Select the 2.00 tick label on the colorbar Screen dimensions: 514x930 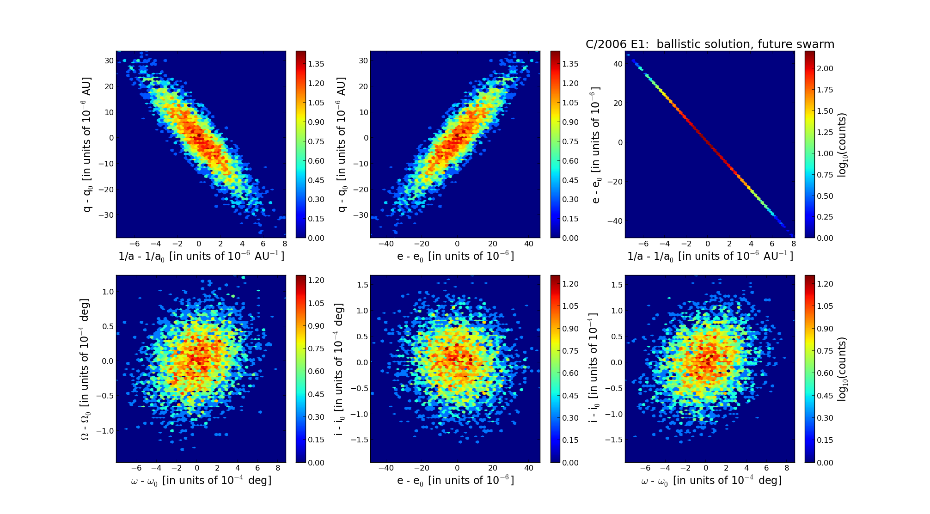click(x=825, y=68)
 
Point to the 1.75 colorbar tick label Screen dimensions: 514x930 click(x=825, y=90)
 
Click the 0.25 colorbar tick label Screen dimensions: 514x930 click(x=825, y=217)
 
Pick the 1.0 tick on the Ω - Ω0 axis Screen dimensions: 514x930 click(x=108, y=292)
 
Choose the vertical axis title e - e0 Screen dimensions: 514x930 click(x=596, y=145)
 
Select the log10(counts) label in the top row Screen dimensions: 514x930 click(x=842, y=145)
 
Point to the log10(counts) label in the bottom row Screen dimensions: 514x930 click(x=842, y=368)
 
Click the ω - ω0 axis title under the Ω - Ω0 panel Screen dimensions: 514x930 click(x=201, y=481)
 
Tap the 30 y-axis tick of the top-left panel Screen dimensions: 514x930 click(x=109, y=61)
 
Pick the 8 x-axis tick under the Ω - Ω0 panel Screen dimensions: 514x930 click(x=278, y=468)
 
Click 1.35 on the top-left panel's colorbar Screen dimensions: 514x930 click(x=316, y=64)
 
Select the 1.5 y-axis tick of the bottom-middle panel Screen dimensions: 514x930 click(x=363, y=285)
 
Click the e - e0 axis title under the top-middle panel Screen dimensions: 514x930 click(x=455, y=257)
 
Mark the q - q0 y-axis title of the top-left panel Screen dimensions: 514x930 click(x=86, y=145)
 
